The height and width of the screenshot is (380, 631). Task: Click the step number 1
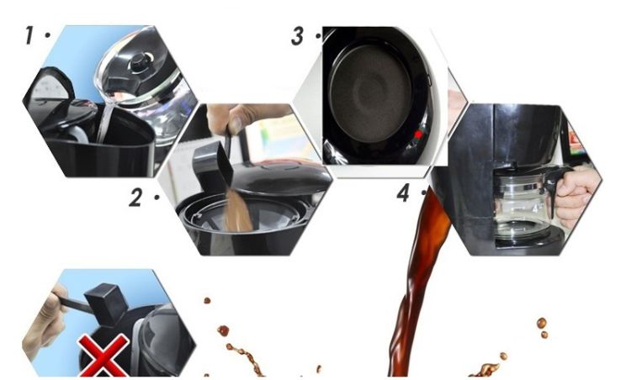click(x=29, y=35)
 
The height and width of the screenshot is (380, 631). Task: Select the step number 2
click(x=135, y=198)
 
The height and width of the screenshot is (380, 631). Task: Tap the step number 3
click(x=297, y=36)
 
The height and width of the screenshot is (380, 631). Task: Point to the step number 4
click(x=403, y=193)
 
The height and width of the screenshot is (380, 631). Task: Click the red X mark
click(x=103, y=356)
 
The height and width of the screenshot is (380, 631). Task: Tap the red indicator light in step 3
click(x=418, y=135)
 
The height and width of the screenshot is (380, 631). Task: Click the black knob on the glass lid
click(x=139, y=62)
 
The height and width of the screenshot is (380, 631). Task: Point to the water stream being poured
click(x=104, y=120)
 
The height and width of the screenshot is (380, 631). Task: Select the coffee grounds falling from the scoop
click(x=237, y=212)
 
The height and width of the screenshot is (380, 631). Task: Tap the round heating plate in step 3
click(x=370, y=92)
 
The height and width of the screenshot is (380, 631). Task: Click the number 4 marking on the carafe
click(x=536, y=208)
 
